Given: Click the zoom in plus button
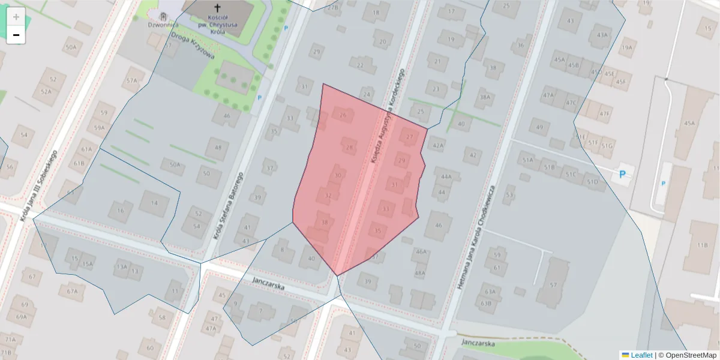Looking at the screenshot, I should tap(16, 17).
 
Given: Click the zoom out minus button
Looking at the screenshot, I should tap(16, 35).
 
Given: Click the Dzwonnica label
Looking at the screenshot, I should tap(163, 25).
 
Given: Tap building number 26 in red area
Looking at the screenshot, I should tap(343, 115).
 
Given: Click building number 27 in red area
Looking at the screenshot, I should tap(410, 137).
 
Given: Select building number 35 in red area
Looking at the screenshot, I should tap(377, 231).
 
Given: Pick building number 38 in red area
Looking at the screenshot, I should tap(325, 223).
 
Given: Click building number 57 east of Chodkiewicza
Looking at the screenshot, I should tap(553, 285).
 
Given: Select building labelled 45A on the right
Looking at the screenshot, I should tap(689, 124).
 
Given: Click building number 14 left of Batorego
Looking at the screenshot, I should tap(154, 203).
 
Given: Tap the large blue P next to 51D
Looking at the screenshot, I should tap(622, 174).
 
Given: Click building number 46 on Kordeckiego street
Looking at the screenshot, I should tap(438, 225).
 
